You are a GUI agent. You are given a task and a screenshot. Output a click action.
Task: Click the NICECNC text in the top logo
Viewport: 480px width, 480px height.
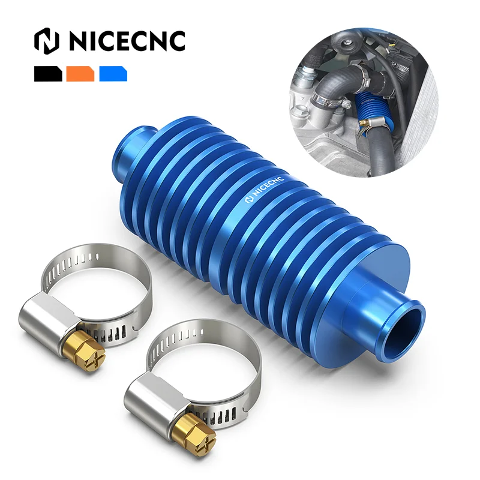point(126,40)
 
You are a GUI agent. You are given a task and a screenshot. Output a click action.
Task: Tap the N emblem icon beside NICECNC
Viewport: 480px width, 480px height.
point(47,40)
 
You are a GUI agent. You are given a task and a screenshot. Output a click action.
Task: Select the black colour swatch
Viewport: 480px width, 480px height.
point(48,74)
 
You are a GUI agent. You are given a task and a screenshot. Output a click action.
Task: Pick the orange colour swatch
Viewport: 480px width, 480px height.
point(80,74)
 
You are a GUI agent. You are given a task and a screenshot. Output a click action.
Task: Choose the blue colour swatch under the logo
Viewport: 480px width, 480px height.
point(113,74)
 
